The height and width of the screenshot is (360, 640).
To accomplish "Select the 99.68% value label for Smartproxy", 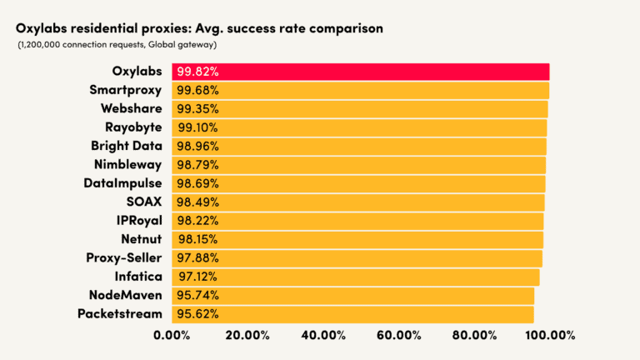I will point(198,90).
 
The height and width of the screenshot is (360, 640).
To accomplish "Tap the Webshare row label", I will point(131,108).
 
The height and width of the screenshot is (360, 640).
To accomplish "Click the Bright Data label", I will point(127,146).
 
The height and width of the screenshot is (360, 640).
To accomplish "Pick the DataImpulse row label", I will point(122,182).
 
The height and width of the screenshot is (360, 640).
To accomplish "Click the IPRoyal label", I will point(139,220).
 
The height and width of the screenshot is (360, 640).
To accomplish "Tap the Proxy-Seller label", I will point(124,257).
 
